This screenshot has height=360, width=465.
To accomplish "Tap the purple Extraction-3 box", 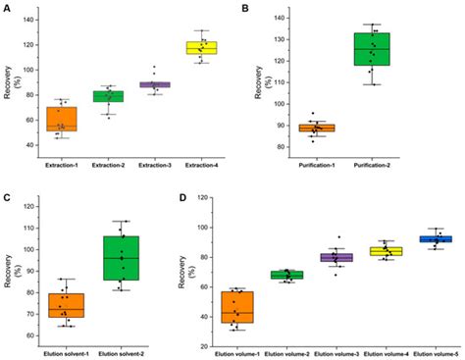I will (154, 85).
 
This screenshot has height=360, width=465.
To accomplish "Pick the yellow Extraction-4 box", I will (202, 48).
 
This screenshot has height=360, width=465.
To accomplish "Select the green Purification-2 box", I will (372, 49).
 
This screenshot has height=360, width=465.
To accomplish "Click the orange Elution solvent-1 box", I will (67, 305).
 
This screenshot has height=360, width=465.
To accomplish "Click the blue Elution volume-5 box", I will (435, 239).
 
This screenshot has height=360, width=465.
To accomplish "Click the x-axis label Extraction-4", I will (202, 165).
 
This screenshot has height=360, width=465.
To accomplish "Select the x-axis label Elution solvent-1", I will (67, 351).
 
